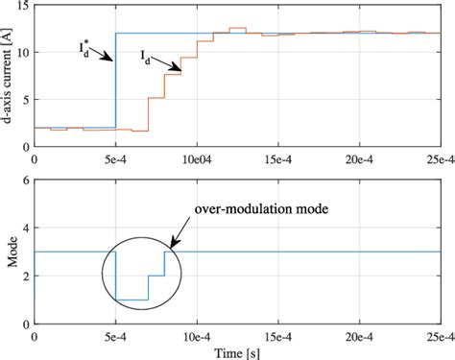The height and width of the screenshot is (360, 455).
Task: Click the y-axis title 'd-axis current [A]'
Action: click(9, 75)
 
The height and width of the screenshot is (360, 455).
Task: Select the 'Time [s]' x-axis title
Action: click(237, 351)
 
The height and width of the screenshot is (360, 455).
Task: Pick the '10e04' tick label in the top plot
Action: click(197, 158)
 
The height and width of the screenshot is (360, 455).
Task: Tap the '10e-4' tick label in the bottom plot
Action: click(197, 337)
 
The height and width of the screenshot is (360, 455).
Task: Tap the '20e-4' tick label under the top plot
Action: click(359, 158)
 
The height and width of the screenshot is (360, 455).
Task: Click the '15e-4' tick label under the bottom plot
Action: click(277, 337)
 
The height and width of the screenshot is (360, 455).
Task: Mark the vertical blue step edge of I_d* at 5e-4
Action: click(115, 86)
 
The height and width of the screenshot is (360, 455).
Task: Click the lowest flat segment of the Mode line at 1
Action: click(132, 300)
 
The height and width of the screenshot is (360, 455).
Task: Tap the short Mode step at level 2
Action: click(156, 276)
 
